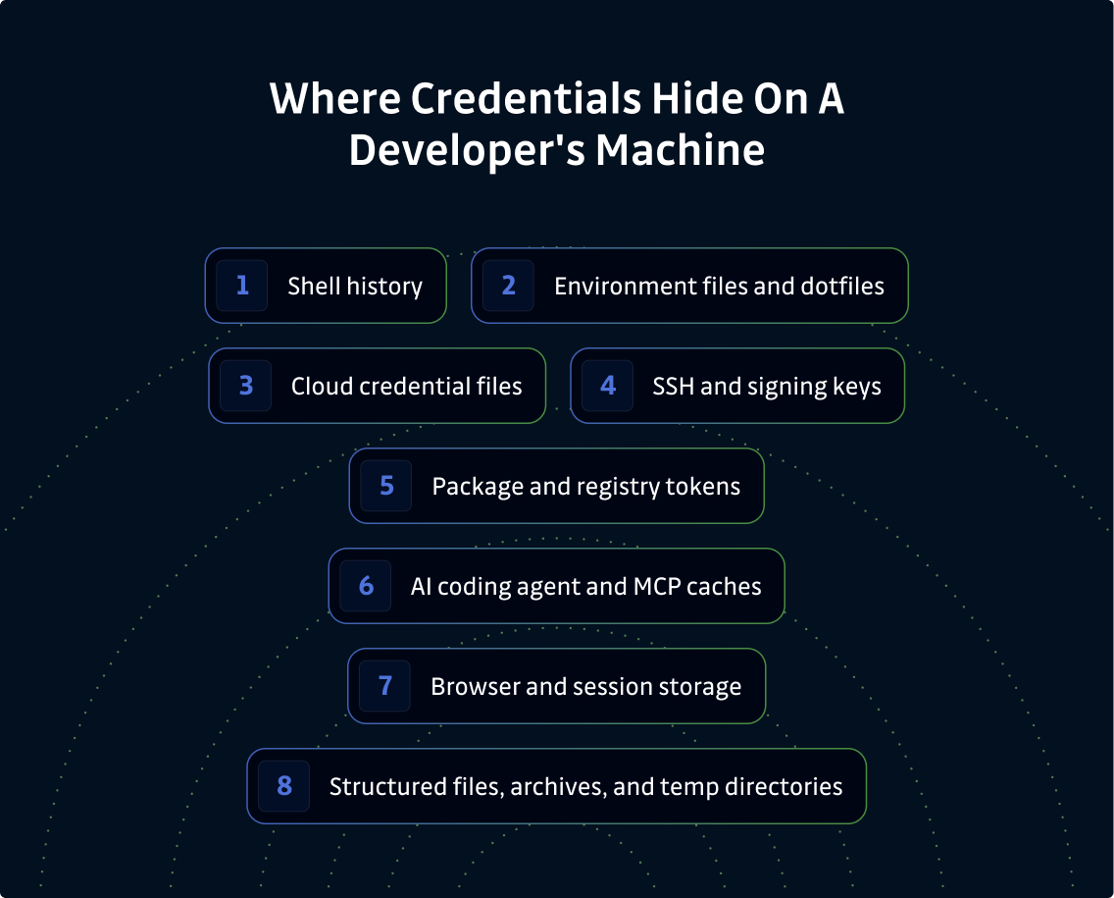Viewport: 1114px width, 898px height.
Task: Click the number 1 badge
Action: coord(241,286)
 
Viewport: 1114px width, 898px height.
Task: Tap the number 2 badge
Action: coord(508,286)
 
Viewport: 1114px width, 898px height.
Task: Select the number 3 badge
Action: coord(246,386)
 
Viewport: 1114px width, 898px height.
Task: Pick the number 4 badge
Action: coord(607,386)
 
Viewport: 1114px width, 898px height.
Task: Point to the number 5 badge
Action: coord(386,487)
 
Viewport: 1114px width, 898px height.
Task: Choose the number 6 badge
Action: coord(366,587)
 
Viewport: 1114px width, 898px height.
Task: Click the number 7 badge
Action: coord(385,686)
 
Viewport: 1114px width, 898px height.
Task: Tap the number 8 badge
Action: coord(284,786)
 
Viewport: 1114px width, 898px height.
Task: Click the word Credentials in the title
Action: coord(527,98)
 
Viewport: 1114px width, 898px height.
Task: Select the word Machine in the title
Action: coord(680,150)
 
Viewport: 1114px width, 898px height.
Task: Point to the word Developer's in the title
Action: coord(467,151)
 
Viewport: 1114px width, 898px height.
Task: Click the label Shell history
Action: coord(355,286)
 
